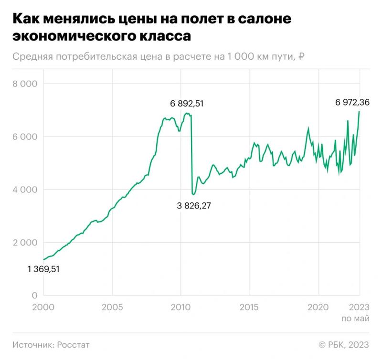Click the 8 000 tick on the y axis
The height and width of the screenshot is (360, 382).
(x=25, y=84)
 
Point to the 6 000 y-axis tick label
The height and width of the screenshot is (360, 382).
(x=25, y=137)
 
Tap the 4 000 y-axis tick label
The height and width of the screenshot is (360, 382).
(x=25, y=190)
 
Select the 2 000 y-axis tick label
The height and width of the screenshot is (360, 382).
(x=25, y=243)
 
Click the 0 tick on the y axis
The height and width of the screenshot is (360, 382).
(x=35, y=296)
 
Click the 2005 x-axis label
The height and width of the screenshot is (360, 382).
(x=112, y=307)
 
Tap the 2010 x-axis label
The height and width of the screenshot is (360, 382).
(x=180, y=307)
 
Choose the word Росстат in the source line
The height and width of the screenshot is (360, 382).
(x=74, y=344)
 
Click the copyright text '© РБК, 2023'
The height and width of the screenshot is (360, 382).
(x=343, y=344)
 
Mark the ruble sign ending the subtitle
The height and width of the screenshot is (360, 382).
(x=301, y=57)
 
